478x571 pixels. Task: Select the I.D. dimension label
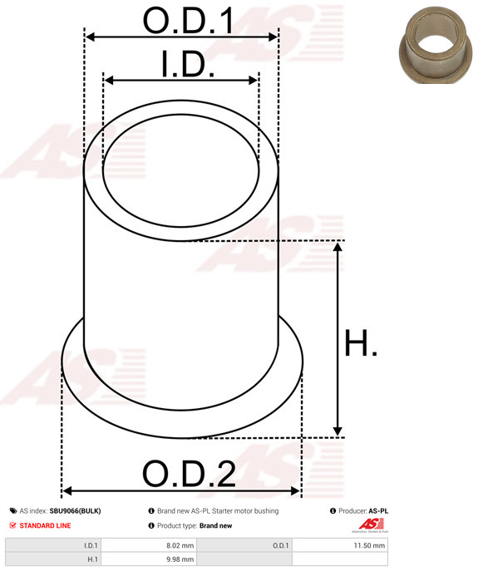(x=187, y=64)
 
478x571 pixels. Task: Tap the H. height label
(x=360, y=342)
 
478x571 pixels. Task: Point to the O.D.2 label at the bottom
(x=189, y=474)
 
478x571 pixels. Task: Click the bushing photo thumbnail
(x=432, y=47)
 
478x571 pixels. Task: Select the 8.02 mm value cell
(x=180, y=545)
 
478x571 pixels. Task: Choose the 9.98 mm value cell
(x=180, y=560)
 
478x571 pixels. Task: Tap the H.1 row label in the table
(x=92, y=560)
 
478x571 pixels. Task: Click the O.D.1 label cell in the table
(x=280, y=545)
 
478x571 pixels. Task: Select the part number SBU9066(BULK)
(x=75, y=511)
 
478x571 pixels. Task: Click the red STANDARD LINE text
(x=45, y=526)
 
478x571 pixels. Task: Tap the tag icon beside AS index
(x=12, y=511)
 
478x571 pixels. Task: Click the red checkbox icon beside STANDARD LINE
(x=12, y=526)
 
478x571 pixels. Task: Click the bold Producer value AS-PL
(x=378, y=511)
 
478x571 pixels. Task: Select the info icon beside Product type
(x=151, y=526)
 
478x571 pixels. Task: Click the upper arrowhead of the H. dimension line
(x=338, y=247)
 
